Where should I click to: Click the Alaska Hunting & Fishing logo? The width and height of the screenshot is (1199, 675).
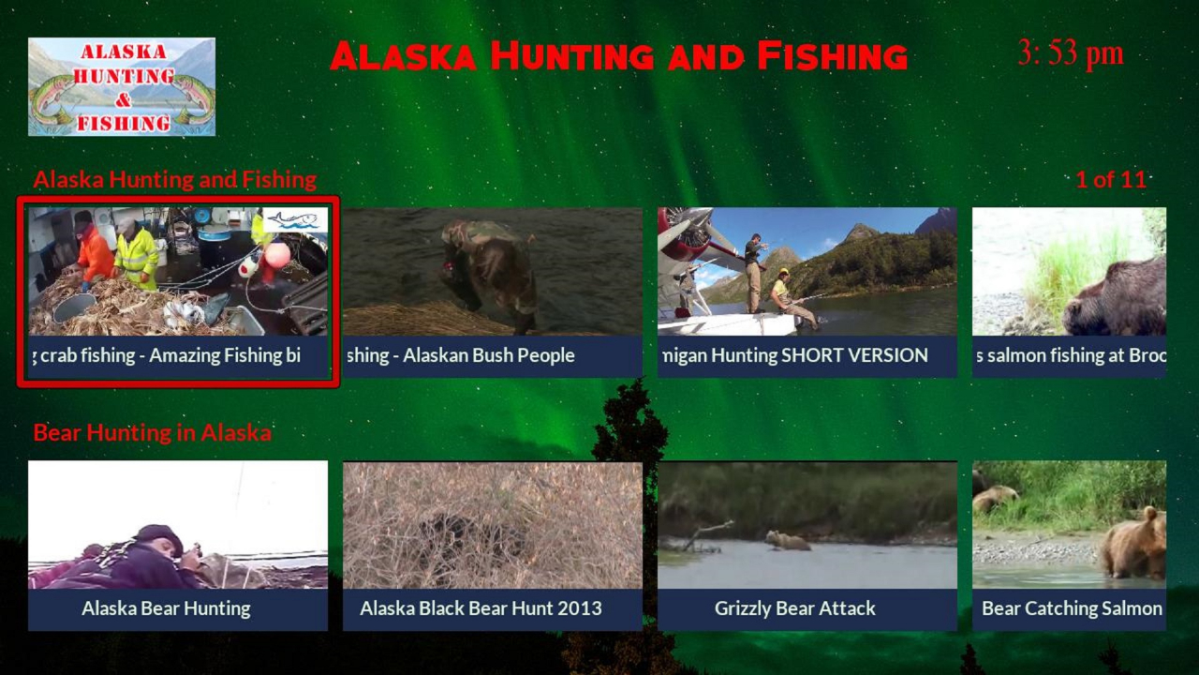point(122,86)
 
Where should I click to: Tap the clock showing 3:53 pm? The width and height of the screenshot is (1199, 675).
point(1070,53)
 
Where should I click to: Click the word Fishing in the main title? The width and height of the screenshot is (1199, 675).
point(832,56)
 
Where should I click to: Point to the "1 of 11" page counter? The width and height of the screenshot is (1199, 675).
point(1110,180)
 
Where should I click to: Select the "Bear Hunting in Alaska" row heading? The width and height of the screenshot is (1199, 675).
point(152,433)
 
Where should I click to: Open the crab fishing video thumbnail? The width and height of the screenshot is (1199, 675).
point(178,272)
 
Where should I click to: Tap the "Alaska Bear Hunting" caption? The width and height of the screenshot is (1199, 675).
point(167,608)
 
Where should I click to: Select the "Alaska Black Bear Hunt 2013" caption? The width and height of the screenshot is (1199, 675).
point(481,608)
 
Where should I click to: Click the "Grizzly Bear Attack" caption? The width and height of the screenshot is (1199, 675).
point(795,608)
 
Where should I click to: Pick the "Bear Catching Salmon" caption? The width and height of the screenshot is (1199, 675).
point(1072,608)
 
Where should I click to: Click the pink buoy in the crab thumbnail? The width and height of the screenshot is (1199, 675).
point(276,254)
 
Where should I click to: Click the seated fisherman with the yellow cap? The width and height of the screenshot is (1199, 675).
point(789,296)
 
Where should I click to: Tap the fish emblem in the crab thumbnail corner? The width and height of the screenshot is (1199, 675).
point(295,220)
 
